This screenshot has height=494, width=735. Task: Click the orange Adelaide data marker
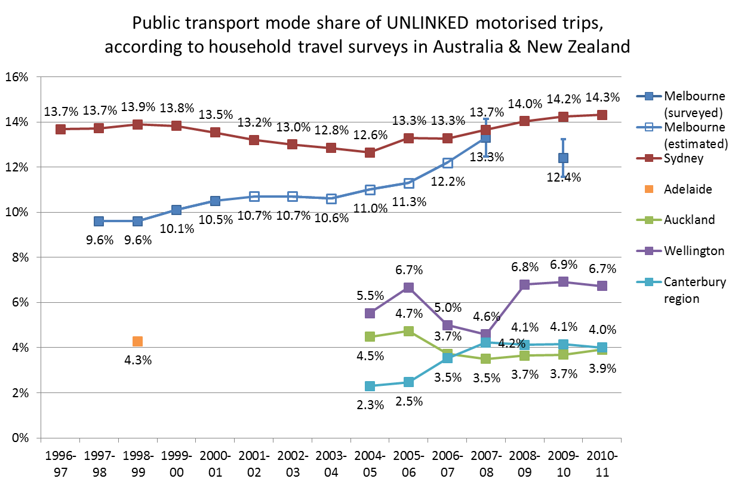(x=137, y=342)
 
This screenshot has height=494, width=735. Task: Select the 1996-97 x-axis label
(x=60, y=464)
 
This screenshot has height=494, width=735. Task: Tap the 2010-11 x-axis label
(x=602, y=464)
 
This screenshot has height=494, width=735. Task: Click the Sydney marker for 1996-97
(x=60, y=129)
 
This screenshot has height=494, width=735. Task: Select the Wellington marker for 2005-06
(x=408, y=287)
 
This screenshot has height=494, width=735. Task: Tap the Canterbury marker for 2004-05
(x=370, y=386)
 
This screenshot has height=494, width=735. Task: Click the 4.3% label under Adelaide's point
(x=137, y=361)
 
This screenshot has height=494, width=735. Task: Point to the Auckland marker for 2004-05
(x=370, y=337)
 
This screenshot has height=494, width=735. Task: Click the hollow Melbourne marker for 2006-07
(x=447, y=163)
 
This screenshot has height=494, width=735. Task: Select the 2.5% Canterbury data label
(x=408, y=401)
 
